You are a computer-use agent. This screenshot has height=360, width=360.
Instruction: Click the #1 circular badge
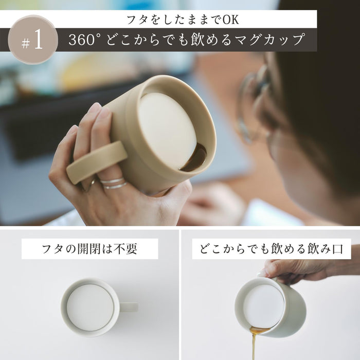[33, 40]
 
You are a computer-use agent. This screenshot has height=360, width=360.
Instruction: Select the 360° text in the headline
[82, 40]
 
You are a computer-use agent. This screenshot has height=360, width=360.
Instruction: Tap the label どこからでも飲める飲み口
[272, 249]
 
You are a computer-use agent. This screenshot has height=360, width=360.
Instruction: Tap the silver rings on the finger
[113, 183]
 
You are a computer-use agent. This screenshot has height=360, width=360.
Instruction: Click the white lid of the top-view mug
[90, 307]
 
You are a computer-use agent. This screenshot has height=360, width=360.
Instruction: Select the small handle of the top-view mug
[129, 307]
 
